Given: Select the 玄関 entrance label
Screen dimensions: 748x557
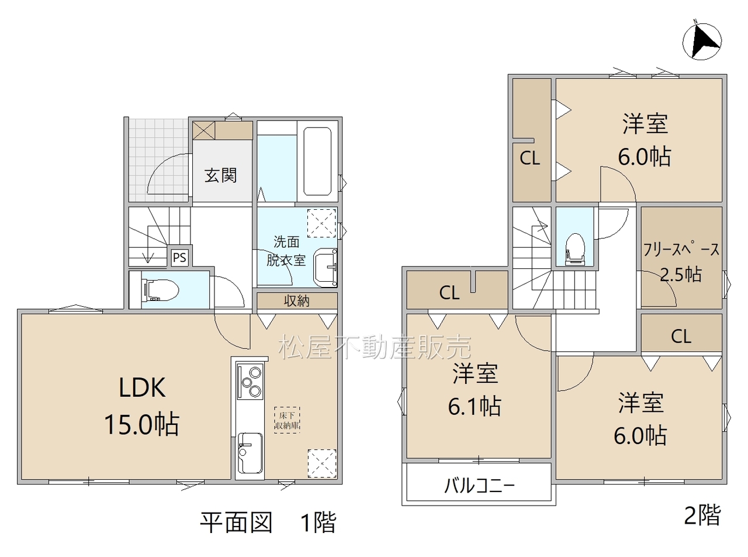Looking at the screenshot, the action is [220, 175].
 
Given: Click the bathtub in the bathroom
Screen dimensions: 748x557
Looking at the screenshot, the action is [317, 161].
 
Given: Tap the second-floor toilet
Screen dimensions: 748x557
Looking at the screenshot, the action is [574, 250].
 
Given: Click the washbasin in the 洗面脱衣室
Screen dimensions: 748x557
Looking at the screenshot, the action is [325, 268].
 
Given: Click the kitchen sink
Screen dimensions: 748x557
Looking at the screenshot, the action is [250, 454].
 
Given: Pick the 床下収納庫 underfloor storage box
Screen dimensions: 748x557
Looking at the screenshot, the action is [287, 420].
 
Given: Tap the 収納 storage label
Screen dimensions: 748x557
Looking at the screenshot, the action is [296, 300].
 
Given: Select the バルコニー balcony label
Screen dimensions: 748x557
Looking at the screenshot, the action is [479, 486].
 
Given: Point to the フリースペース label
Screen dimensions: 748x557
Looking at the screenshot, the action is [681, 250].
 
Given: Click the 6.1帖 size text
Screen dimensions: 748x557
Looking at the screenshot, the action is [475, 406].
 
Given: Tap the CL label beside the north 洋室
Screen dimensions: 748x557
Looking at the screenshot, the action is [530, 158].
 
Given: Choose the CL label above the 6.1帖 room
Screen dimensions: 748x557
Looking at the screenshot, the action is [449, 293].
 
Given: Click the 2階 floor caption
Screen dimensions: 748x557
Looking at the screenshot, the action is [702, 516].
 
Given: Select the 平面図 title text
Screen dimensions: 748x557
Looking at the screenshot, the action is [236, 523].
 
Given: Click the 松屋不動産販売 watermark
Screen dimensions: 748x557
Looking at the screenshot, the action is [375, 347].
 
